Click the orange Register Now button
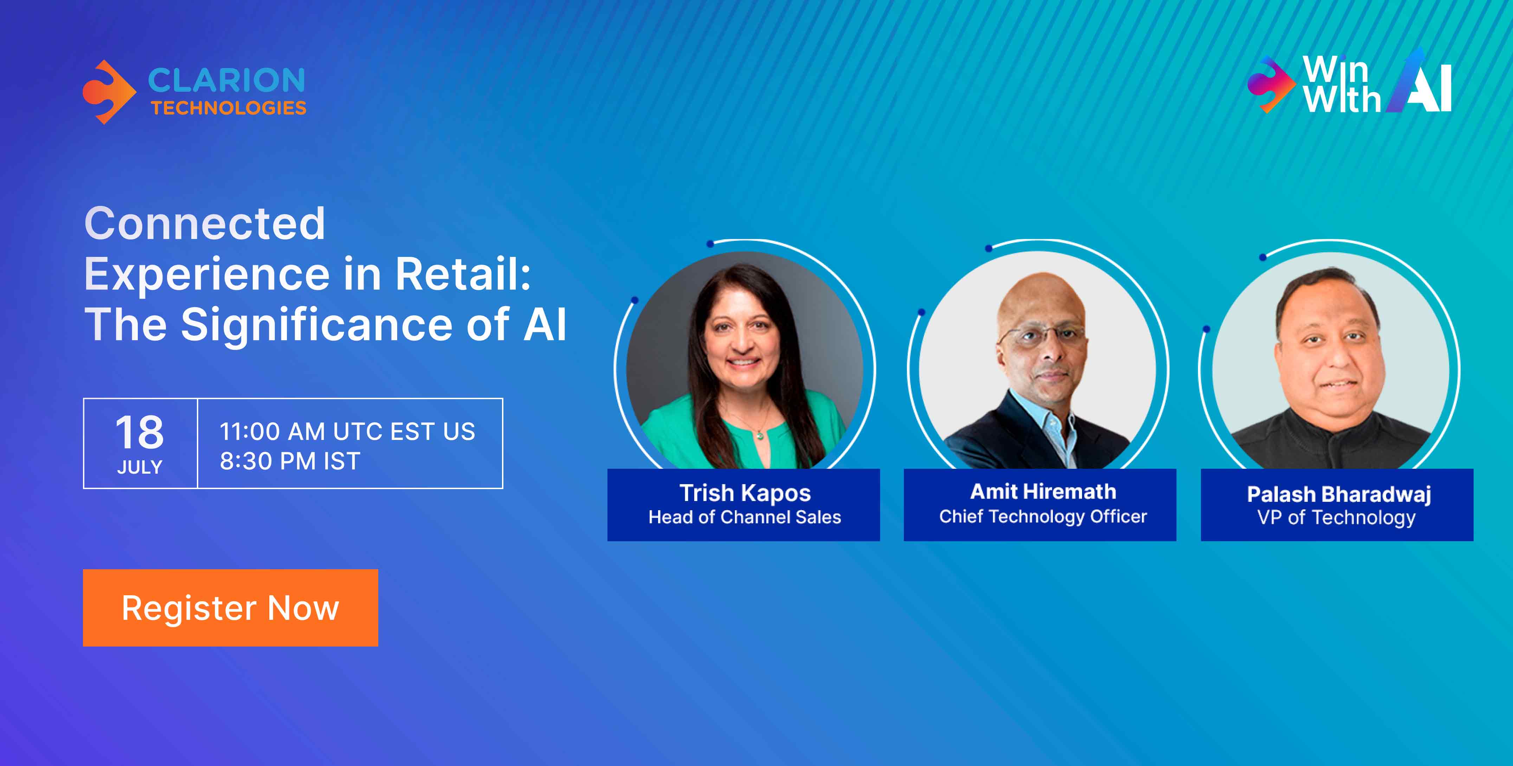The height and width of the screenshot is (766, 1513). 230,608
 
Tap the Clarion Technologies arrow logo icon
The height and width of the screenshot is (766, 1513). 109,92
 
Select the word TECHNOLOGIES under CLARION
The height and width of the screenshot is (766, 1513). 228,108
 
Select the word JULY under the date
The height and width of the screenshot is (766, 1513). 140,467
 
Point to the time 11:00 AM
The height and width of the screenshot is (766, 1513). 272,431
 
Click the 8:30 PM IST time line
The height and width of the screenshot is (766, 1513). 290,461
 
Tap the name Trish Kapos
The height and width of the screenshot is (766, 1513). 745,493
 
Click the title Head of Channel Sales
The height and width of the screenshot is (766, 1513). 745,517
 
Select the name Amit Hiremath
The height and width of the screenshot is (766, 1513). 1043,491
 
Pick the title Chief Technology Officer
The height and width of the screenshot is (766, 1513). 1043,517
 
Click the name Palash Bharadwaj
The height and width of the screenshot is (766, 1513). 1339,494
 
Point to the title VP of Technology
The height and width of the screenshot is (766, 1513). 1336,518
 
